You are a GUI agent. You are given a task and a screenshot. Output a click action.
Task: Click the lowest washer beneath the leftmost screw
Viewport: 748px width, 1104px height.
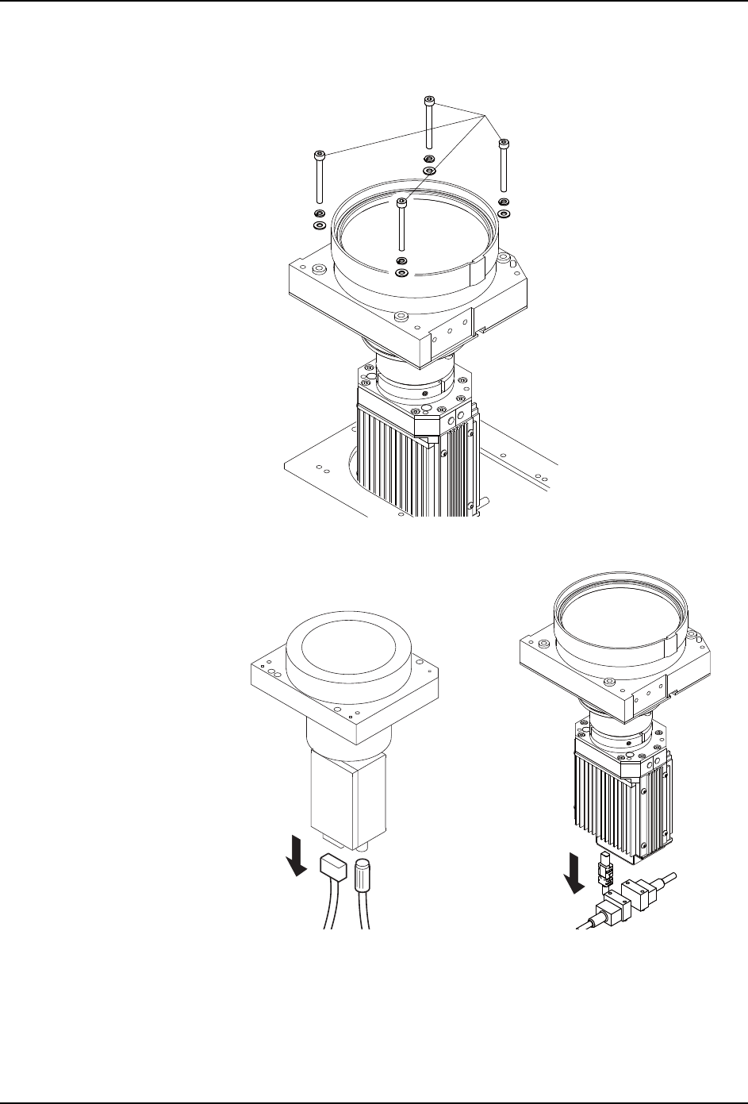pos(319,225)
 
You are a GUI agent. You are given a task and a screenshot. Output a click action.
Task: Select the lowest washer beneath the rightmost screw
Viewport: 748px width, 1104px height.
pos(504,213)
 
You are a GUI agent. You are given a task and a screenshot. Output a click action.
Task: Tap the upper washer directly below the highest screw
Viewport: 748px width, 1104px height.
pos(429,159)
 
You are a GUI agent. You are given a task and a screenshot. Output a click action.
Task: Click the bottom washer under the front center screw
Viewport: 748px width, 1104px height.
pos(402,273)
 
